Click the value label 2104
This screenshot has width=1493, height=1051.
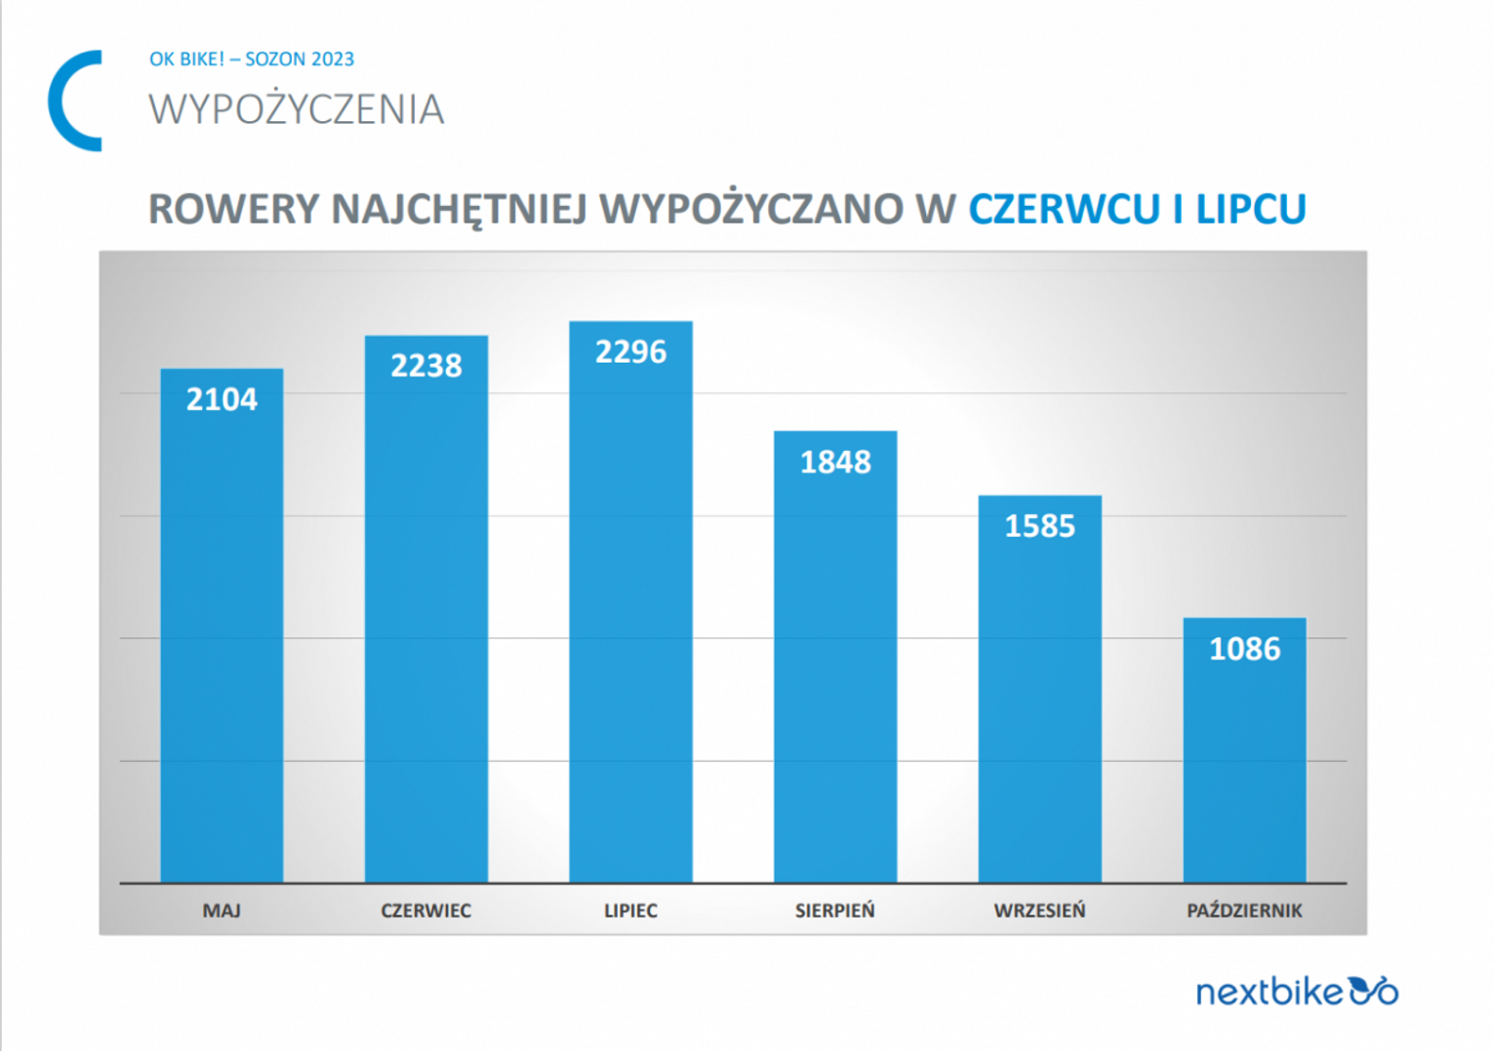pos(222,399)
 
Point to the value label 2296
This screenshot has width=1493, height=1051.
pos(630,351)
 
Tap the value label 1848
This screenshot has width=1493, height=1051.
pos(835,462)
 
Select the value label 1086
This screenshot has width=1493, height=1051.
pos(1244,649)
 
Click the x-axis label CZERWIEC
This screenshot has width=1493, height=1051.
pos(425,910)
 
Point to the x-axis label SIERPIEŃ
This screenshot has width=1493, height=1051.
pos(835,910)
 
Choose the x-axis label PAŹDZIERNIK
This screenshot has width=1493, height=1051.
pos(1244,910)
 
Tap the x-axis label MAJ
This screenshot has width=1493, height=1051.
pos(222,910)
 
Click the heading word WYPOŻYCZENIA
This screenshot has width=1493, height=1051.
pos(297,109)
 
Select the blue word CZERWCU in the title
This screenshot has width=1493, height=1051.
pos(1064,209)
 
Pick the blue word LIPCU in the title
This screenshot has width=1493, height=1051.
pos(1251,209)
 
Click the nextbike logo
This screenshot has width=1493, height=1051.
pos(1297,991)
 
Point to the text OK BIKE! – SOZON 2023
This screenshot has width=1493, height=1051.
pos(252,59)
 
